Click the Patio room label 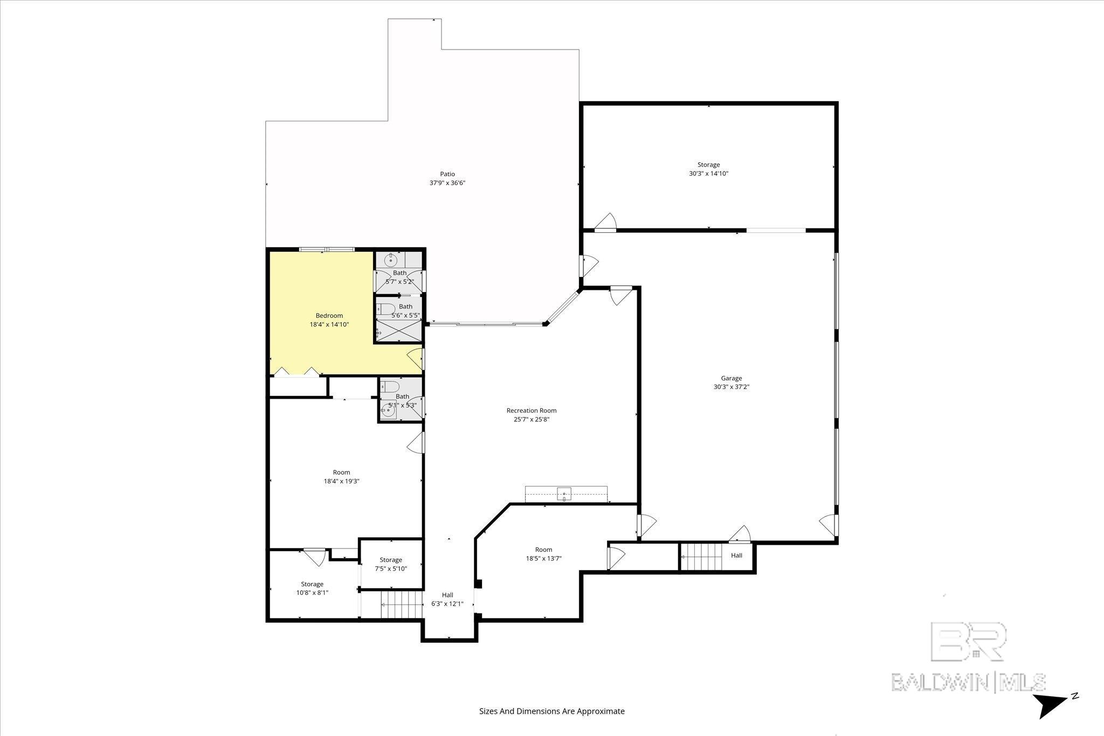[447, 174]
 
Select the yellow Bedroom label [329, 316]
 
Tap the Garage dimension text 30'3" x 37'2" [732, 387]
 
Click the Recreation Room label [531, 411]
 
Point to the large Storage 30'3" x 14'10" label [708, 169]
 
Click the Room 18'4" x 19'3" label [341, 477]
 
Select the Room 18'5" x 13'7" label [543, 554]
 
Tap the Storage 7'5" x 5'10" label [391, 564]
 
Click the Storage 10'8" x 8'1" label [312, 588]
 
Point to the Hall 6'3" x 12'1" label [447, 599]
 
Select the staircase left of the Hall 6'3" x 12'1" [402, 604]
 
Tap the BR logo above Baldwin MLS [969, 642]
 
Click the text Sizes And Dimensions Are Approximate [551, 711]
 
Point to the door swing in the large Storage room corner [607, 221]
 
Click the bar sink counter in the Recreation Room [565, 494]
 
